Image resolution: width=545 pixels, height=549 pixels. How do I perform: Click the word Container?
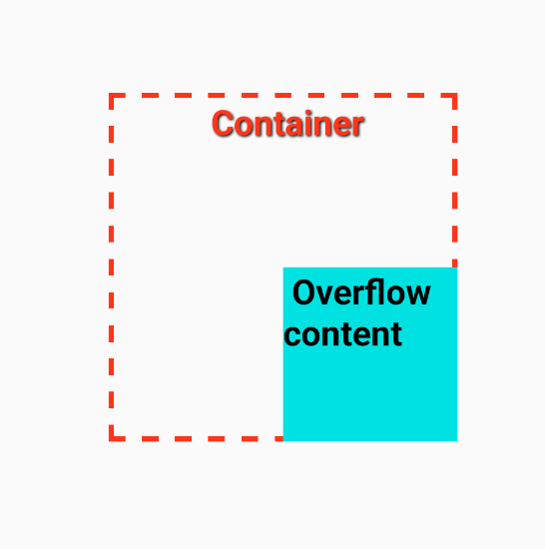pyautogui.click(x=287, y=123)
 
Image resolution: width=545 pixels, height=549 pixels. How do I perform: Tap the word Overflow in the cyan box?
pyautogui.click(x=361, y=292)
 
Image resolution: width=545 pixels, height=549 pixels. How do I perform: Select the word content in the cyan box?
pyautogui.click(x=343, y=334)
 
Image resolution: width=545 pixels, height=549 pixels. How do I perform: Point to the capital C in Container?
pyautogui.click(x=223, y=123)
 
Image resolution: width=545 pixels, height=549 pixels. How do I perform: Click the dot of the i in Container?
pyautogui.click(x=308, y=113)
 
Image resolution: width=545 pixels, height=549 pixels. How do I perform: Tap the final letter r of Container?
pyautogui.click(x=358, y=126)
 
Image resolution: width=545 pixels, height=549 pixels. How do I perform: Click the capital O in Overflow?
pyautogui.click(x=304, y=292)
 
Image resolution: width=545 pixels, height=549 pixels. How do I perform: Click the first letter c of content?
pyautogui.click(x=291, y=336)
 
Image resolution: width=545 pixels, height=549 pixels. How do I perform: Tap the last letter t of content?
pyautogui.click(x=396, y=334)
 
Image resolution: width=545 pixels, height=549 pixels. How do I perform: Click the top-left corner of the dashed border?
pyautogui.click(x=109, y=94)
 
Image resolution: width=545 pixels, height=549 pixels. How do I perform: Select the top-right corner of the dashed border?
pyautogui.click(x=457, y=94)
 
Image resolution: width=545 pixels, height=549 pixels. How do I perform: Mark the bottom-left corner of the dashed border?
pyautogui.click(x=109, y=441)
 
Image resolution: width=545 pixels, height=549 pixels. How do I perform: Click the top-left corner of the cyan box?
pyautogui.click(x=283, y=268)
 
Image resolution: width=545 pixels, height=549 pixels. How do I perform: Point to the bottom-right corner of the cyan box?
pyautogui.click(x=457, y=441)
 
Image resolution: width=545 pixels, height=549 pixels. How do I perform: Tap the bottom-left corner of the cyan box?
pyautogui.click(x=283, y=441)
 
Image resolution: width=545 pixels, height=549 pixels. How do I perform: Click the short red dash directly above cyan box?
pyautogui.click(x=455, y=263)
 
